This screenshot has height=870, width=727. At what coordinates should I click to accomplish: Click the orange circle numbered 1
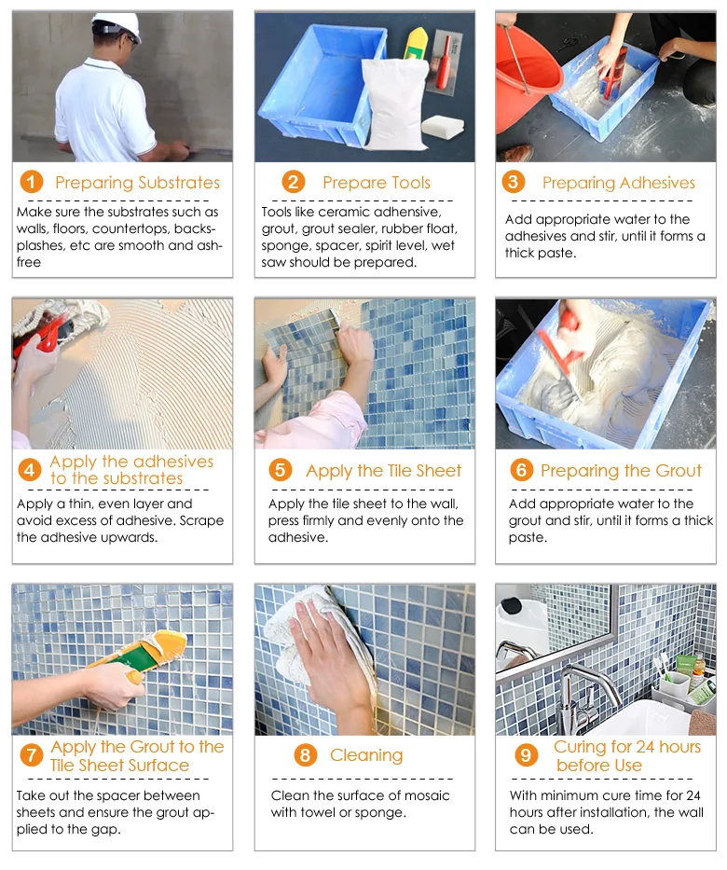tap(31, 182)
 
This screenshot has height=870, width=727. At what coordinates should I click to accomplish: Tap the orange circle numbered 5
tap(280, 470)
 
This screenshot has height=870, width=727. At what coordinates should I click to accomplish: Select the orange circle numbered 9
tap(526, 754)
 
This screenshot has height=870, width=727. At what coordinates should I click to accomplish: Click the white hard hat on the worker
tap(117, 26)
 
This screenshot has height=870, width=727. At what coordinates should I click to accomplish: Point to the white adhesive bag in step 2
tap(394, 104)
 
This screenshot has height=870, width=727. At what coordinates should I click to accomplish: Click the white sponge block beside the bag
tap(443, 127)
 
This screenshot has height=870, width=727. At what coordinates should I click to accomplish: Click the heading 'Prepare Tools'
tap(377, 183)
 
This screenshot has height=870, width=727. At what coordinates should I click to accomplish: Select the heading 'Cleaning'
tap(366, 755)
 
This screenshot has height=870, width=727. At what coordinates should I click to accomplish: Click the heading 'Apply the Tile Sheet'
tap(384, 471)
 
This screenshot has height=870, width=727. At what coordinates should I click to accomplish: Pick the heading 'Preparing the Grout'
tap(621, 471)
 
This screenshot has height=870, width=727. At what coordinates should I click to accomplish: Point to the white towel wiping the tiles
tap(310, 638)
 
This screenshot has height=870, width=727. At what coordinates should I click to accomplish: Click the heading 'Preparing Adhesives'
tap(619, 183)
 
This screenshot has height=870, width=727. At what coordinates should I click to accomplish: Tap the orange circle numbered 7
tap(31, 754)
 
